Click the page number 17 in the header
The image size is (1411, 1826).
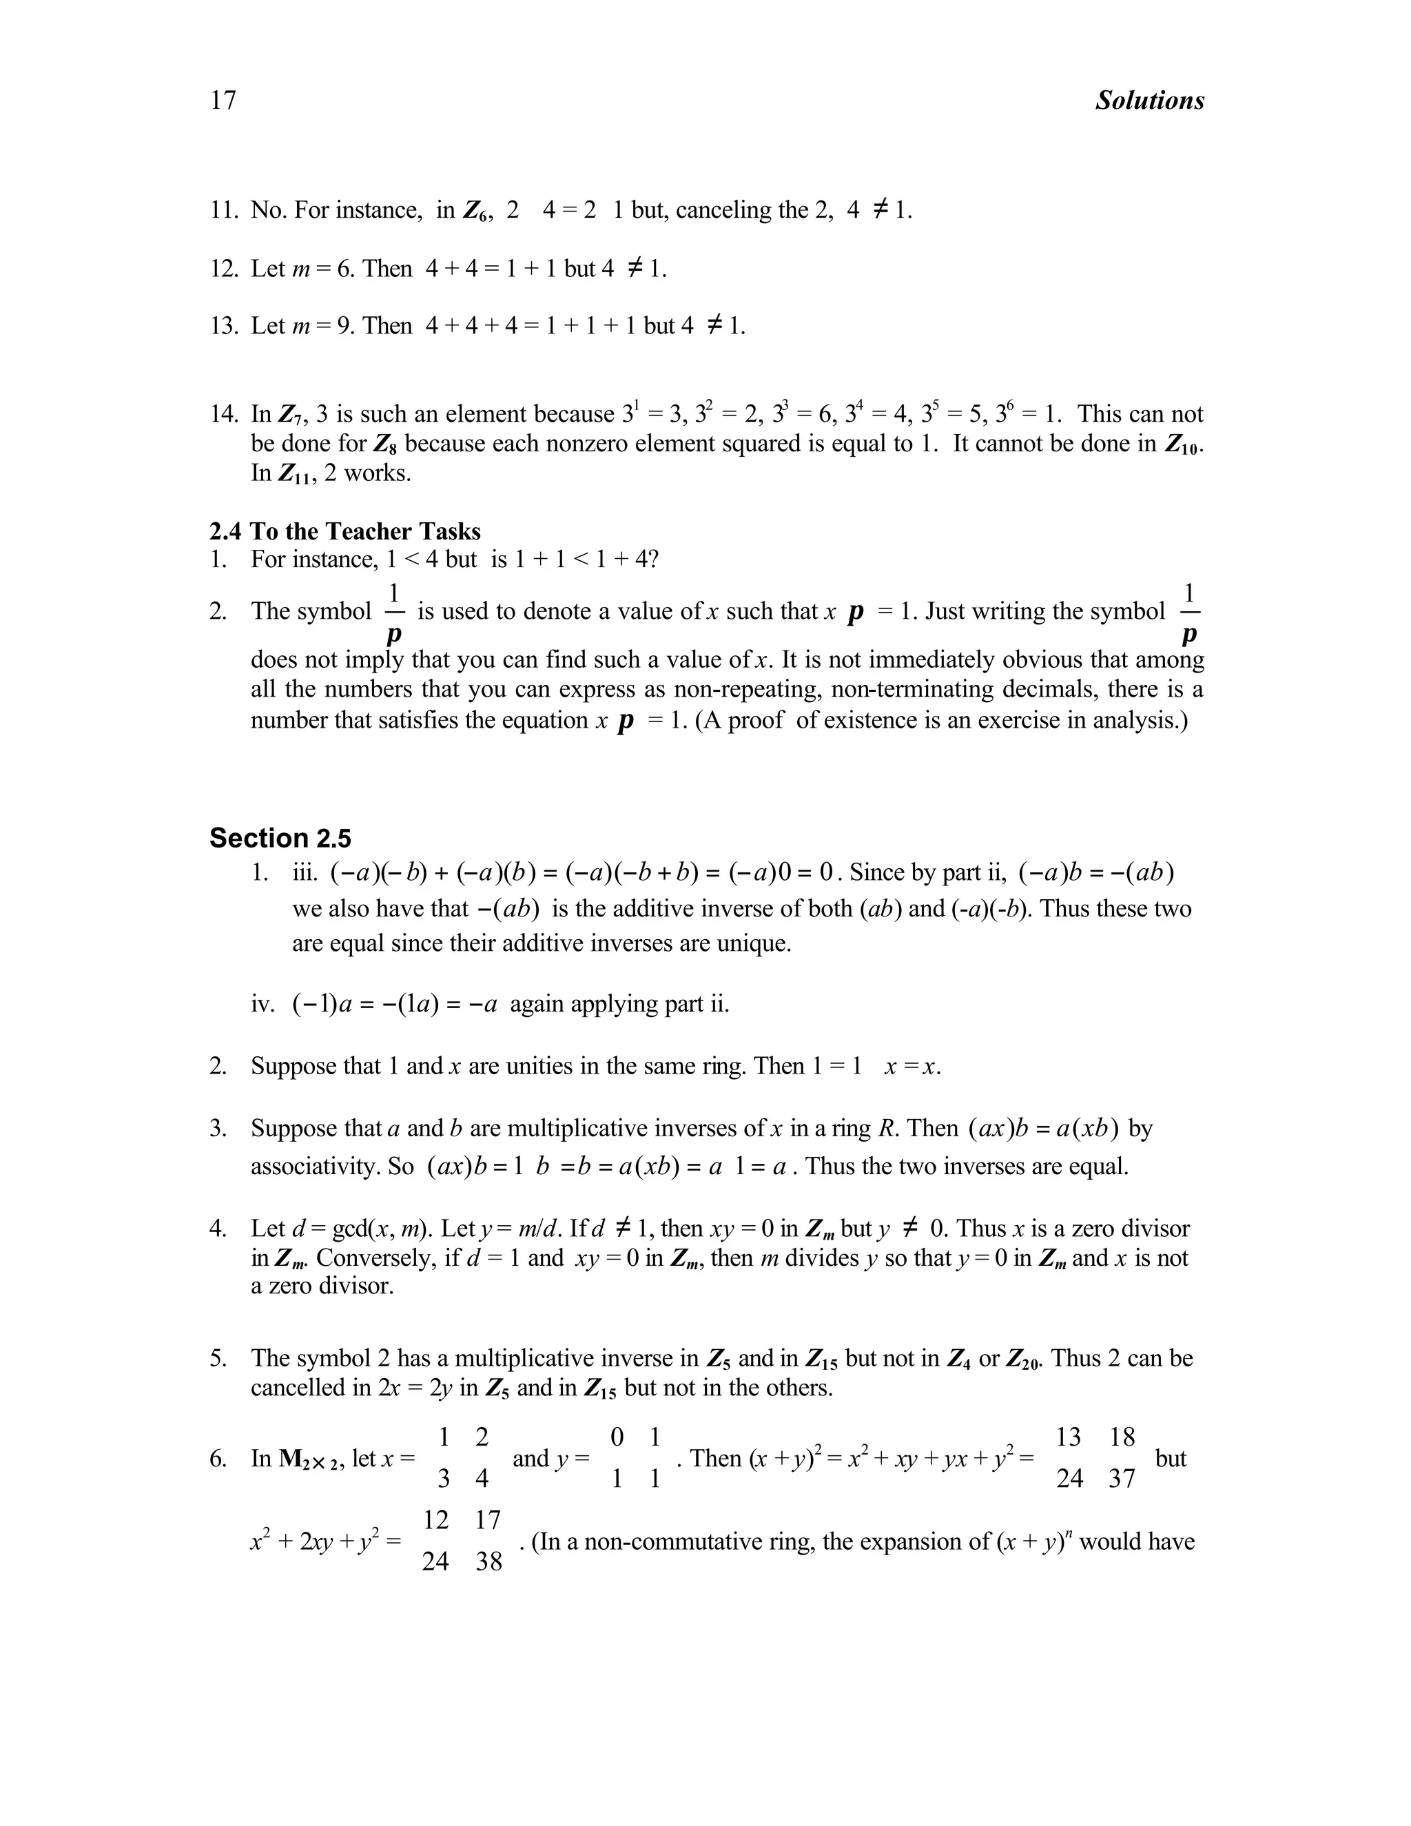pyautogui.click(x=223, y=101)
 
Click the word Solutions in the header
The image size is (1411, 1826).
pyautogui.click(x=1149, y=101)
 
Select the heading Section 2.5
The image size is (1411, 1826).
pyautogui.click(x=280, y=838)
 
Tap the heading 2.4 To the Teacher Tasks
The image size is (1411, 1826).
pyautogui.click(x=344, y=532)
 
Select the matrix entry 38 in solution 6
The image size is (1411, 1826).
pyautogui.click(x=489, y=1562)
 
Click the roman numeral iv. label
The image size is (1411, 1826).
pyautogui.click(x=262, y=1004)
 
